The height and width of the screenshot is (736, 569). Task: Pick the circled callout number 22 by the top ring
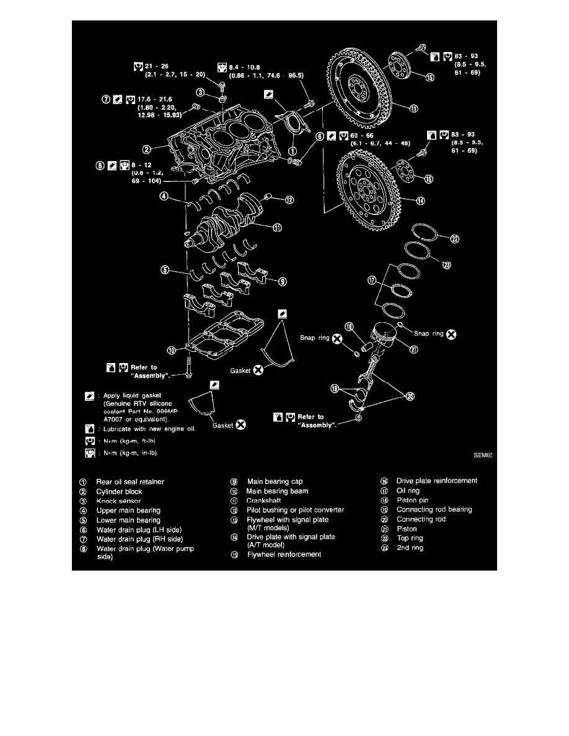pos(454,240)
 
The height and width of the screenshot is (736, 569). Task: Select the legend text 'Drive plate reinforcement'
pos(437,481)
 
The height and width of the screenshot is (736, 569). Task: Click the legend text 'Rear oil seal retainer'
pos(130,481)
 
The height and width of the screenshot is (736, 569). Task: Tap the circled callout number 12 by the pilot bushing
pos(289,199)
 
